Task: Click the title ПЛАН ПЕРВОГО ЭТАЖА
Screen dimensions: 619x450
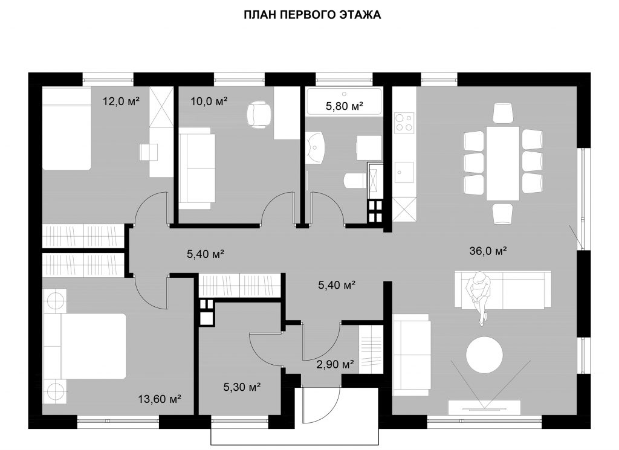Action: tap(312, 15)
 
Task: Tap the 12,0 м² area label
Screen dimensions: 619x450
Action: tap(121, 101)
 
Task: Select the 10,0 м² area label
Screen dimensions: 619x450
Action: tap(209, 101)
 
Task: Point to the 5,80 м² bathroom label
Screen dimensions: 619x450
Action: tap(344, 106)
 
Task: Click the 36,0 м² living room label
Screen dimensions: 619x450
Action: tap(488, 251)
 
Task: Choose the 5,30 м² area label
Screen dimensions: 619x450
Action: tap(242, 387)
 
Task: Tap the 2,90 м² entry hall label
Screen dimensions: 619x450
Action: tap(335, 364)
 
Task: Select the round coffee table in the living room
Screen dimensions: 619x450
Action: tap(485, 354)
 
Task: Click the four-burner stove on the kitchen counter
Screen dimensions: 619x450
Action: tap(404, 122)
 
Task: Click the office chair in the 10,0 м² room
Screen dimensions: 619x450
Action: tap(259, 115)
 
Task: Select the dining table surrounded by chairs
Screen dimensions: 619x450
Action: tap(502, 163)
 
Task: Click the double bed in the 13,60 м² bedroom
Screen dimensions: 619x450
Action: tap(85, 346)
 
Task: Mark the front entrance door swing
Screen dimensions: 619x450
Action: tap(320, 407)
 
